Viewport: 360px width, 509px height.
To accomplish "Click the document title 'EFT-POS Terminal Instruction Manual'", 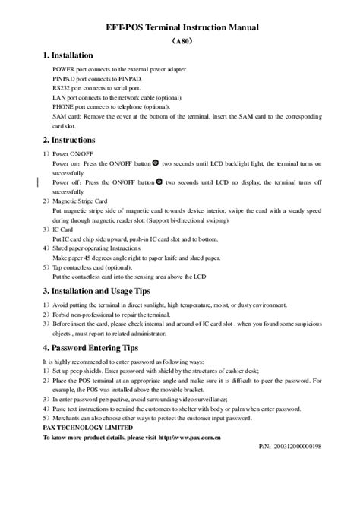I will point(179,27).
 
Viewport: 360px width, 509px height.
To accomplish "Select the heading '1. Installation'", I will point(68,55).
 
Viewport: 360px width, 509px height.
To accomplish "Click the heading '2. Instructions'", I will point(69,140).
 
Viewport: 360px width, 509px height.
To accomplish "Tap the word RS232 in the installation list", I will point(62,89).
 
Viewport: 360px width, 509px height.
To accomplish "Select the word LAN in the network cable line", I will point(59,98).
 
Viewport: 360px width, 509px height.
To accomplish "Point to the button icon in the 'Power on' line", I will point(156,162).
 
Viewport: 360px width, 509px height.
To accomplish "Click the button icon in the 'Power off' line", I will point(159,182).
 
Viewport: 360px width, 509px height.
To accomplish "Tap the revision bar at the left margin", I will point(38,182).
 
